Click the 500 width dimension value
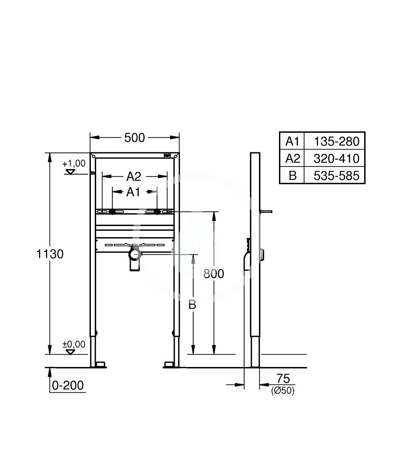point(134,138)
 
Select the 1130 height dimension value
point(50,254)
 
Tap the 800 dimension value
point(214,274)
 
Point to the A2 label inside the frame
point(134,177)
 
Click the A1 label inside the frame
point(133,192)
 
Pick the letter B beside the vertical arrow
point(192,305)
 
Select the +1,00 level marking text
point(74,163)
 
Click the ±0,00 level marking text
point(74,344)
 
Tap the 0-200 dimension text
point(68,385)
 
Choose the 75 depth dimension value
point(283,378)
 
